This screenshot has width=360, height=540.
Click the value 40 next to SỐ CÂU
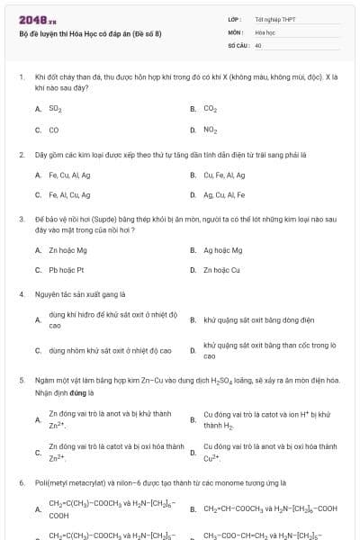tap(258, 44)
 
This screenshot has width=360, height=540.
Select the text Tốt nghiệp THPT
tap(274, 19)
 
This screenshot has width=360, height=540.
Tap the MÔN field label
tap(236, 31)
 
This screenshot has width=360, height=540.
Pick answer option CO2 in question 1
tap(211, 108)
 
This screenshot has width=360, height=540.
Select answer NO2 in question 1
tap(211, 130)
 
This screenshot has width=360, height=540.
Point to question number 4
tap(21, 293)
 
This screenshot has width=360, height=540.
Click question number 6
tap(21, 483)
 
